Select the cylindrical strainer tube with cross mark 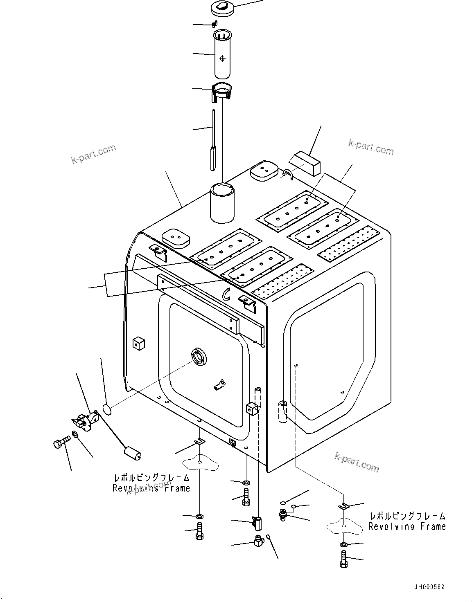223,55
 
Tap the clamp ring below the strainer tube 222,92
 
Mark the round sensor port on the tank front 199,357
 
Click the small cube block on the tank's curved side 139,344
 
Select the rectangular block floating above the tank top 307,162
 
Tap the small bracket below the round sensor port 219,385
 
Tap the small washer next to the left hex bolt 76,434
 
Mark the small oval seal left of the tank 106,409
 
